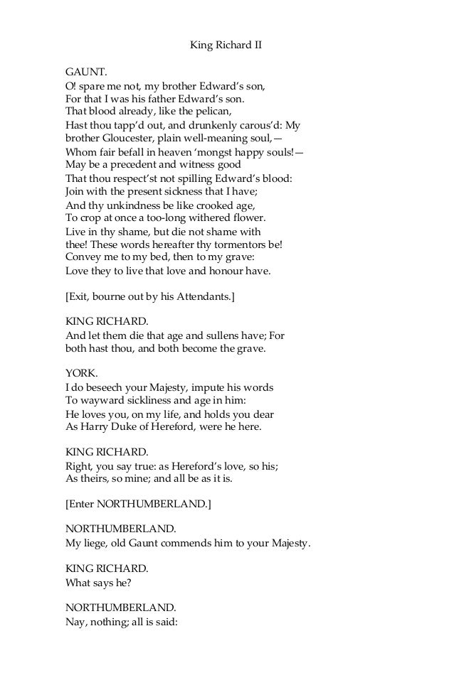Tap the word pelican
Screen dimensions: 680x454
[213, 112]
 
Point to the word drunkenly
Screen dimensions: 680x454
[199, 125]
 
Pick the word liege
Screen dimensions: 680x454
[94, 544]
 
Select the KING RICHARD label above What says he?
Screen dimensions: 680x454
[107, 570]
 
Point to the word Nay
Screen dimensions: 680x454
[75, 622]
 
